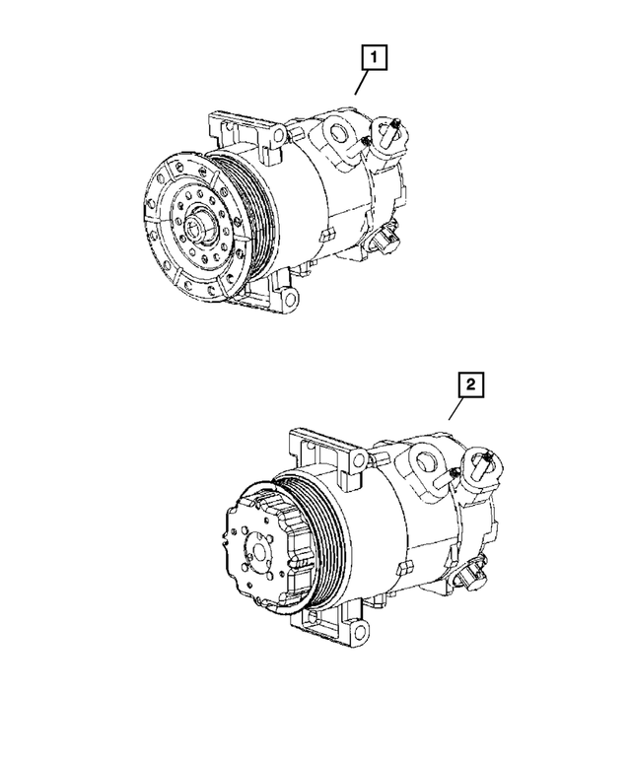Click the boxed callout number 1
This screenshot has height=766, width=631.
[373, 59]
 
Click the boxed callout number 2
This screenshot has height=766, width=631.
[471, 386]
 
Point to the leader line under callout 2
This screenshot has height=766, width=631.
[456, 409]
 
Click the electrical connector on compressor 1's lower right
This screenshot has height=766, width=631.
[386, 240]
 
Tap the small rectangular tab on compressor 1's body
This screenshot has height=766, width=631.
[329, 233]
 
